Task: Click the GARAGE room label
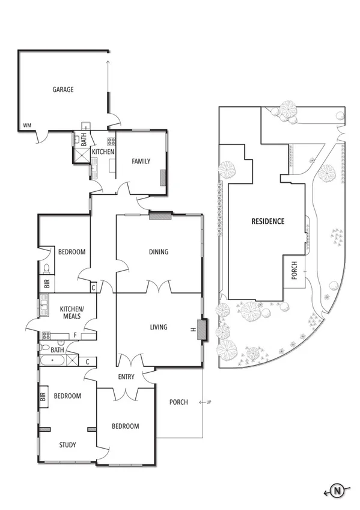[x=63, y=90]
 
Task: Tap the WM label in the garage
[x=26, y=126]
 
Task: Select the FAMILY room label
[x=141, y=161]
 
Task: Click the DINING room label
[x=159, y=252]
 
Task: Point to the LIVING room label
[x=159, y=327]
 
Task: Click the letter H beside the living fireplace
[x=193, y=329]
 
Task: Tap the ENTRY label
[x=126, y=376]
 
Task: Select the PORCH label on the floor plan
[x=178, y=402]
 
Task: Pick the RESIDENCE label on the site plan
[x=267, y=221]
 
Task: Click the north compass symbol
[x=337, y=491]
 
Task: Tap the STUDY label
[x=68, y=445]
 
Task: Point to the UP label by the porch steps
[x=208, y=402]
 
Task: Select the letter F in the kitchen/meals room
[x=74, y=335]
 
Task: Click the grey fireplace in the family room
[x=162, y=177]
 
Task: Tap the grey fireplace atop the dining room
[x=160, y=214]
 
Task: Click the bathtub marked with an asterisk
[x=53, y=361]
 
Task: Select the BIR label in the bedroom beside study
[x=43, y=397]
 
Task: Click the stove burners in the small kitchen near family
[x=111, y=143]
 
